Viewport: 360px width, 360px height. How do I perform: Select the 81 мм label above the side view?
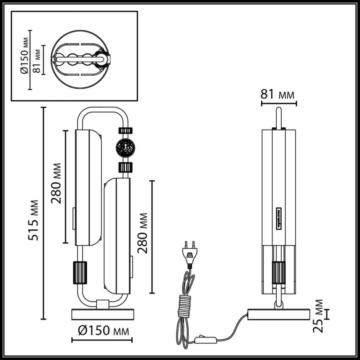(278, 95)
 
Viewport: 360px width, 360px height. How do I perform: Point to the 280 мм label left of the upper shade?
(57, 187)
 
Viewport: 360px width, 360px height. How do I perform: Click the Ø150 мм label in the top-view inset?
(26, 58)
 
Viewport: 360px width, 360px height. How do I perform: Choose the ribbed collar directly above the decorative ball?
(125, 130)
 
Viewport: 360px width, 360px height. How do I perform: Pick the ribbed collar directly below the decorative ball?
(125, 167)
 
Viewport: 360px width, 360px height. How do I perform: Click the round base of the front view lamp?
(102, 313)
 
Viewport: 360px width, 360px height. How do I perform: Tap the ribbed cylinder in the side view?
(279, 272)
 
